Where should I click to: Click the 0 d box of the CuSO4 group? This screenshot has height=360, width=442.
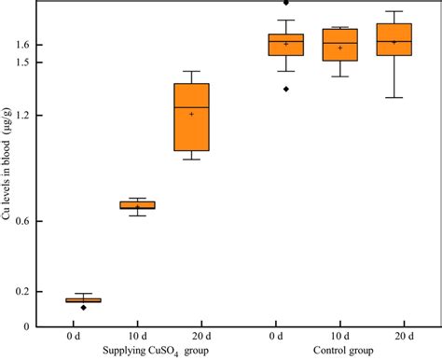[x=83, y=300]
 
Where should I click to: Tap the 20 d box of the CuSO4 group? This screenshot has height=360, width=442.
[x=191, y=117]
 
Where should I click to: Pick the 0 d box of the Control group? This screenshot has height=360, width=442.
[x=285, y=45]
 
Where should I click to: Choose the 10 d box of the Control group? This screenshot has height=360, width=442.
[x=339, y=45]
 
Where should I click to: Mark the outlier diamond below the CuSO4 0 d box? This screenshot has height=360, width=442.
[x=83, y=308]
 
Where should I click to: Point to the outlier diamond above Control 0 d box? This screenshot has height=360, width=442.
[x=285, y=3]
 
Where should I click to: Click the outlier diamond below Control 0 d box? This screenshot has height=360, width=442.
[x=285, y=89]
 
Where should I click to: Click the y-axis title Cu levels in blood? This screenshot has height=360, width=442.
[x=11, y=177]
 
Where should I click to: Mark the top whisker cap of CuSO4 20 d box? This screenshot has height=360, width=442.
[x=191, y=71]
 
